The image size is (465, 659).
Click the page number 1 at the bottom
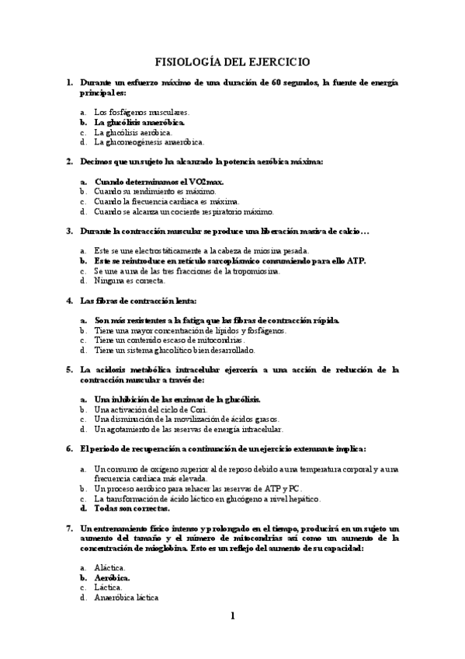[x=232, y=616]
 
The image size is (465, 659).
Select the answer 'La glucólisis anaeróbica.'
[x=140, y=122]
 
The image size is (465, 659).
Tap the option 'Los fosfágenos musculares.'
[x=141, y=112]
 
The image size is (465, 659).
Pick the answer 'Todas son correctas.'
[x=131, y=508]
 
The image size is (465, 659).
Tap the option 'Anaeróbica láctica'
[x=127, y=598]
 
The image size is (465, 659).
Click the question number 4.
[x=70, y=300]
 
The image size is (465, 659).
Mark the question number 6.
[x=70, y=448]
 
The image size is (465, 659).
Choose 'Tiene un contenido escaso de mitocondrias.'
[x=169, y=340]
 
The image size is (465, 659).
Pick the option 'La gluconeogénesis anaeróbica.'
[x=149, y=142]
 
